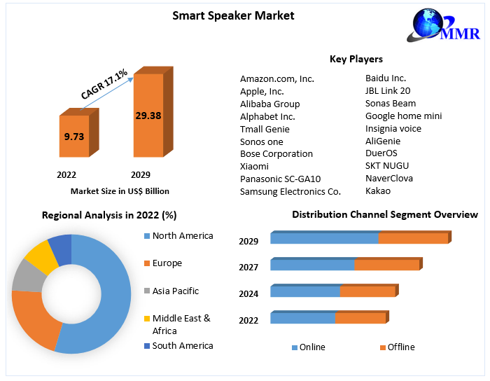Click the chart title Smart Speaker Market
click(x=233, y=15)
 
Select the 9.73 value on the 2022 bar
click(x=73, y=137)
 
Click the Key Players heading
click(x=356, y=59)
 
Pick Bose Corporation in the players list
click(x=276, y=153)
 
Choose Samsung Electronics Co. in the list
click(x=290, y=191)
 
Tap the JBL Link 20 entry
click(x=388, y=90)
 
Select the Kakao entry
click(x=378, y=190)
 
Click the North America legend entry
click(x=182, y=236)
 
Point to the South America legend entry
click(x=182, y=345)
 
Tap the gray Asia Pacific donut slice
click(x=26, y=275)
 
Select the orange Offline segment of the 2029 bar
click(x=413, y=239)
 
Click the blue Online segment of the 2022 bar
click(x=302, y=319)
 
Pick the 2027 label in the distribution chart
click(x=248, y=267)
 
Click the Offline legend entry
click(x=401, y=347)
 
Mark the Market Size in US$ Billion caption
click(x=120, y=191)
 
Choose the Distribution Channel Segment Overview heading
click(x=385, y=214)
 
